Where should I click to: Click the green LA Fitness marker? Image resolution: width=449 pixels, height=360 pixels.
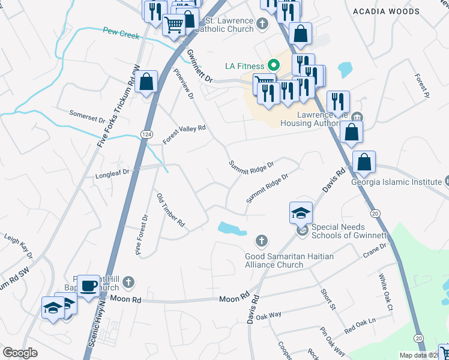click(x=274, y=65)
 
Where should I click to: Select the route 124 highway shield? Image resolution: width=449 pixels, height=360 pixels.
click(x=146, y=133)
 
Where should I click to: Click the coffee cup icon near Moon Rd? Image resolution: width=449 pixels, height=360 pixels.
click(x=89, y=286)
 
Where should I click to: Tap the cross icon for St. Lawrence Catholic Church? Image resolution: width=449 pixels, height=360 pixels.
click(x=261, y=25)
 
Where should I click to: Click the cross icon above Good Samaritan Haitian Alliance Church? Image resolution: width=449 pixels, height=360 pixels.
click(x=261, y=241)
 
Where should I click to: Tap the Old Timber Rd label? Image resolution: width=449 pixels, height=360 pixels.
click(x=170, y=211)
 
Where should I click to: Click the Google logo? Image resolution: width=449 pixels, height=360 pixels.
click(x=20, y=353)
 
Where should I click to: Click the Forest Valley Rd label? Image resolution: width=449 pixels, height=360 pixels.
click(x=184, y=134)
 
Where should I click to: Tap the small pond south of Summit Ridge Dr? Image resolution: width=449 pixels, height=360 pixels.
click(x=230, y=227)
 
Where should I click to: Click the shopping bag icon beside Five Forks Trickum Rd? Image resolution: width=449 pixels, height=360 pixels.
click(x=146, y=82)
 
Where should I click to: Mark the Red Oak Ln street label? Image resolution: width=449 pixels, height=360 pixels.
click(x=360, y=326)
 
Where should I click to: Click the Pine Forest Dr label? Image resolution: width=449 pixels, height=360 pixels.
click(x=142, y=236)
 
